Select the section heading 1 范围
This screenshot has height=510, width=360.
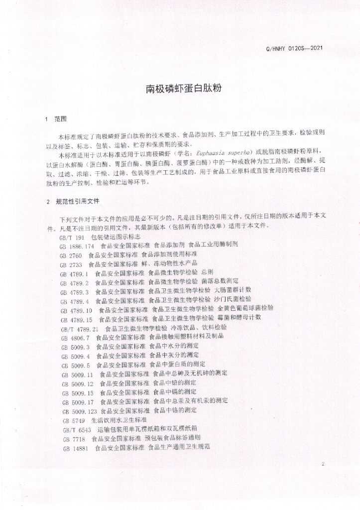[x=55, y=120]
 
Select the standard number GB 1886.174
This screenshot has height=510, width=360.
[x=77, y=246]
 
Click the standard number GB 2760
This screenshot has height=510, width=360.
[x=70, y=255]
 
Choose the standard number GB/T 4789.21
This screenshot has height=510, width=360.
[x=79, y=329]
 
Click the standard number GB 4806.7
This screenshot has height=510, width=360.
[x=75, y=338]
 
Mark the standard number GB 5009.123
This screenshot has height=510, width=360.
[x=80, y=411]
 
